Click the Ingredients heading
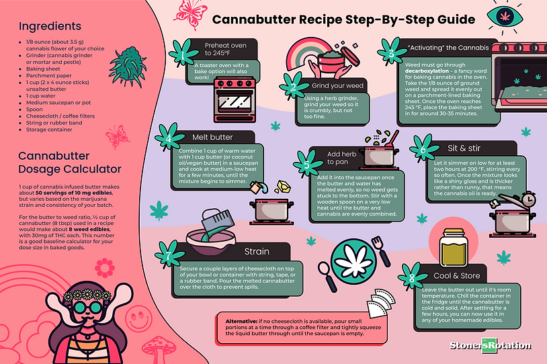[50, 27]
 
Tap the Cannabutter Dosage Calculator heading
[70, 162]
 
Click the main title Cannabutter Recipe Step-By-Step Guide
[343, 19]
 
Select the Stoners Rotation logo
[491, 346]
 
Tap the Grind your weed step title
[337, 86]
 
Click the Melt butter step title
[212, 137]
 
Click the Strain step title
[257, 252]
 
